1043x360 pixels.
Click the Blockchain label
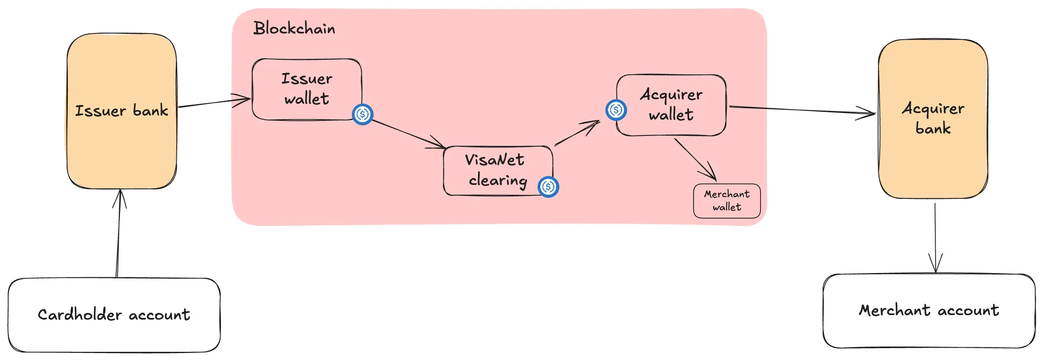coord(294,28)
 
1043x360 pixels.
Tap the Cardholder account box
coord(114,315)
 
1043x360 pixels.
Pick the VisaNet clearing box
coord(497,171)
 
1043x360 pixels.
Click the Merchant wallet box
coord(727,200)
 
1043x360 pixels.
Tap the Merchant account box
coord(929,311)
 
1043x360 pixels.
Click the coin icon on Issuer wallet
coord(362,114)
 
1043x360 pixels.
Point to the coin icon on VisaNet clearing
coord(548,187)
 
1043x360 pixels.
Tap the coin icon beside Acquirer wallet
coord(616,110)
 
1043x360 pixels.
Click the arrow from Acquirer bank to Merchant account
coord(935,237)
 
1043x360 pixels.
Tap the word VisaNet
coord(494,160)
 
